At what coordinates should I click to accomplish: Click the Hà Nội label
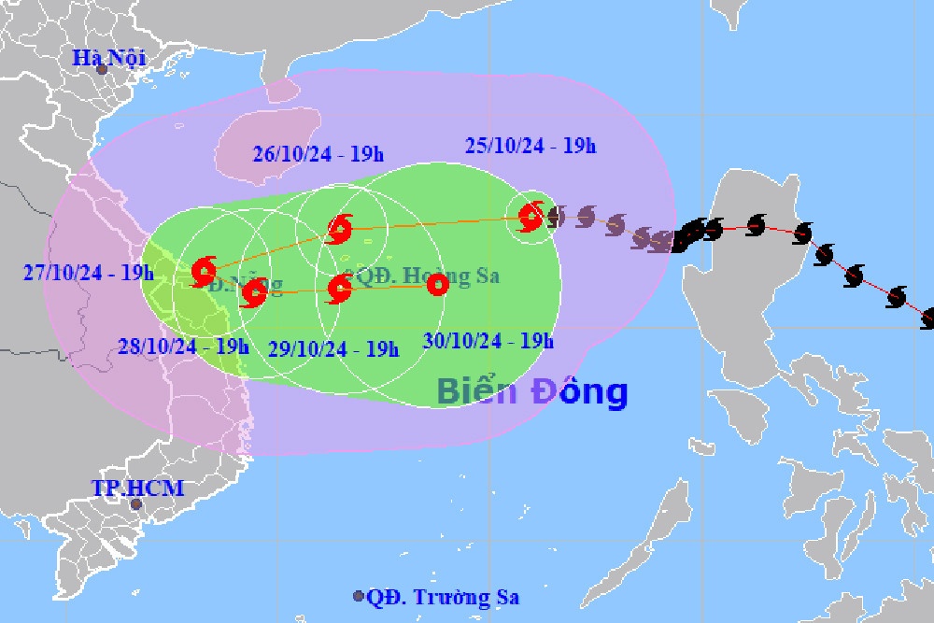(x=111, y=59)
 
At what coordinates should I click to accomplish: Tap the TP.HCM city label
(x=137, y=488)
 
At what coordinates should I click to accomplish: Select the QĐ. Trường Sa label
(x=443, y=598)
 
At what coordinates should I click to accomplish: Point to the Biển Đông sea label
(x=531, y=391)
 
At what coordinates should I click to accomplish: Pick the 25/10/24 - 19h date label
(x=530, y=146)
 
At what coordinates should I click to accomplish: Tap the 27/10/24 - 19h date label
(x=88, y=273)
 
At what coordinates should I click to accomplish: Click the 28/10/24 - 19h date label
(x=184, y=346)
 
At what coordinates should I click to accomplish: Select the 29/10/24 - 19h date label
(x=333, y=349)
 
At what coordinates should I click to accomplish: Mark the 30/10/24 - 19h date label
(x=488, y=341)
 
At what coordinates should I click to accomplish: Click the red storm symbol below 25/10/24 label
(x=531, y=219)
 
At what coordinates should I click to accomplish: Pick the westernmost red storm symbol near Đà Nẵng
(x=204, y=271)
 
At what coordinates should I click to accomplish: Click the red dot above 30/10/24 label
(x=436, y=286)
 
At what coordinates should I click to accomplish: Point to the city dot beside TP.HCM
(x=136, y=504)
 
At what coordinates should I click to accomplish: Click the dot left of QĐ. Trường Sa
(x=359, y=596)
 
